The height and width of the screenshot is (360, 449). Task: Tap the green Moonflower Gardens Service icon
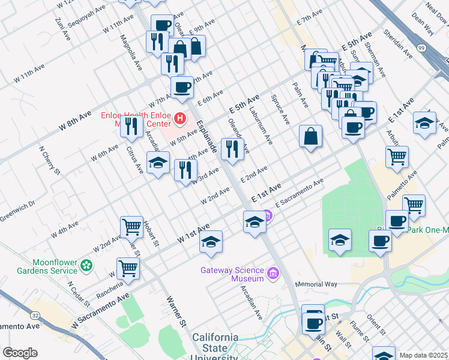pyautogui.click(x=88, y=265)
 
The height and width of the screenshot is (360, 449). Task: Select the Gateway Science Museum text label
pyautogui.click(x=232, y=274)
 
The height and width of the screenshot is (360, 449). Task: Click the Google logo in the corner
pyautogui.click(x=20, y=353)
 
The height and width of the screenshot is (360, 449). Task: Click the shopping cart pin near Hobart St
pyautogui.click(x=131, y=227)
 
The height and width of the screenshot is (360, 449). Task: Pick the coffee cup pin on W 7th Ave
pyautogui.click(x=182, y=87)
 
